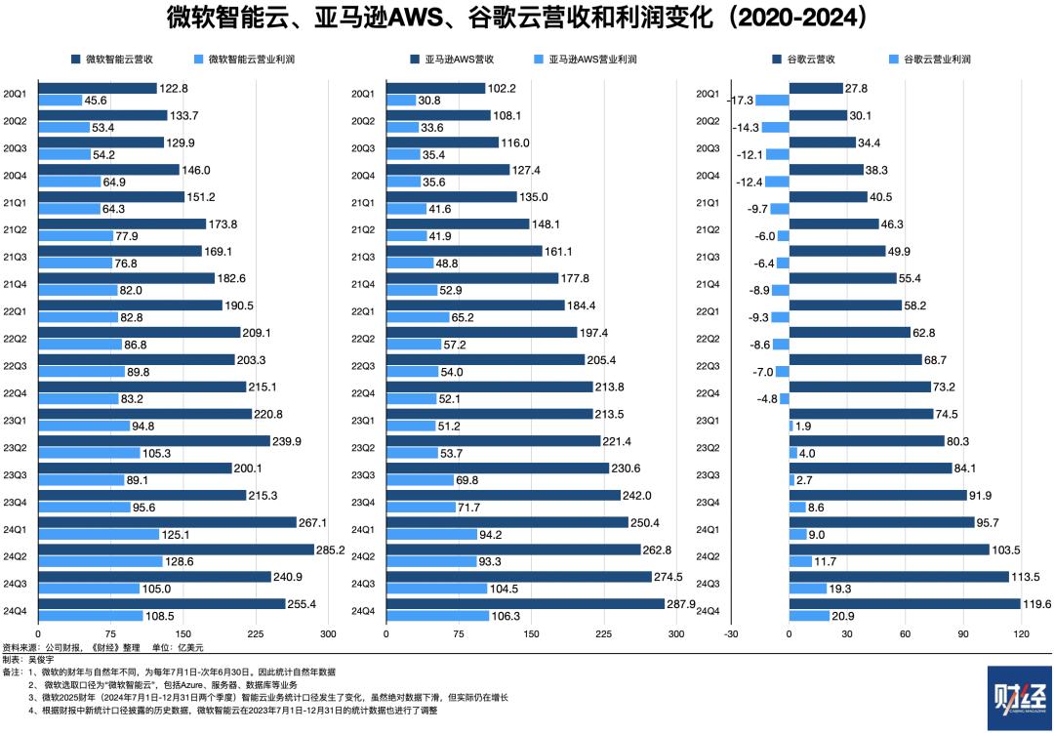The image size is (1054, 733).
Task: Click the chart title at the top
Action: (526, 18)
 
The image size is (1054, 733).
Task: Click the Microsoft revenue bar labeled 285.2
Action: (175, 550)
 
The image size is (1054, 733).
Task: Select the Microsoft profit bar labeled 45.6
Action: (59, 101)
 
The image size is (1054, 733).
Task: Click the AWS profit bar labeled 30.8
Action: (401, 101)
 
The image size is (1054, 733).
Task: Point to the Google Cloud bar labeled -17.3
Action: (772, 101)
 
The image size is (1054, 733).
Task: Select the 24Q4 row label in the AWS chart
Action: (363, 611)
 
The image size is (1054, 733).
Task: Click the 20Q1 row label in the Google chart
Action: (709, 94)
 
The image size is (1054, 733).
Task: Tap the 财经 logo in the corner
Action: (1020, 697)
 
